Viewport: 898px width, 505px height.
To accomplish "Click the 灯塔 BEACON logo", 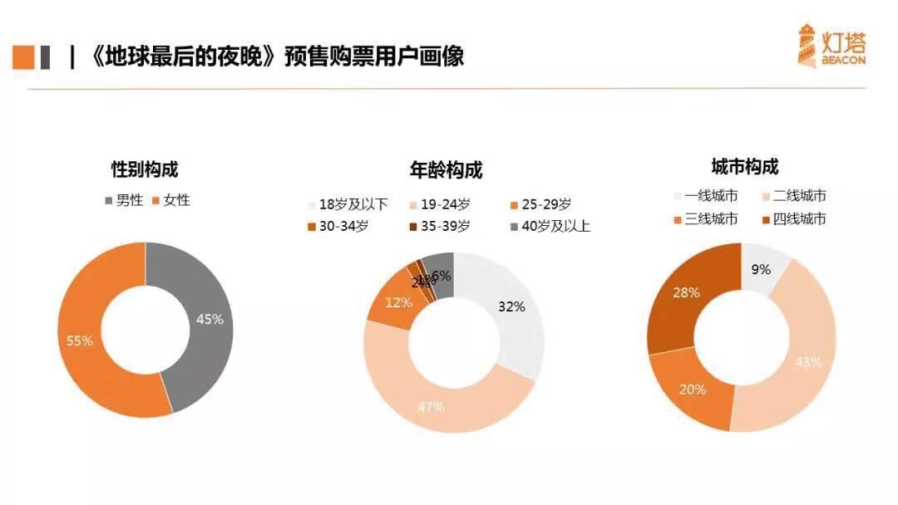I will [x=831, y=46].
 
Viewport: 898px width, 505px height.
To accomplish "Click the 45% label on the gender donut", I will [x=210, y=319].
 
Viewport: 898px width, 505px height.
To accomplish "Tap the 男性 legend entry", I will [x=123, y=200].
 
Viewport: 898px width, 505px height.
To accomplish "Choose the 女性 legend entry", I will [x=170, y=200].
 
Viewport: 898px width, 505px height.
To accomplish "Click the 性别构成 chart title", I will [x=145, y=169].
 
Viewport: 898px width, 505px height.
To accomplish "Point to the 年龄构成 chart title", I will [x=446, y=170].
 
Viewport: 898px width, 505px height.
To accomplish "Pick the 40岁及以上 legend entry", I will [x=549, y=226].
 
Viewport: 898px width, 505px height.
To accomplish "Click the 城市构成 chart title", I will [x=745, y=167].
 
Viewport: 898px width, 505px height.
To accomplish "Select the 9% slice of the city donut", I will [x=761, y=269].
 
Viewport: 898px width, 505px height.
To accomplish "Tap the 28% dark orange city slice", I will [x=687, y=293].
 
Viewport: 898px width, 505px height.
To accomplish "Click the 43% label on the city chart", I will [x=808, y=362].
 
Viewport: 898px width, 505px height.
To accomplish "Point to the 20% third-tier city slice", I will [x=693, y=389].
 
